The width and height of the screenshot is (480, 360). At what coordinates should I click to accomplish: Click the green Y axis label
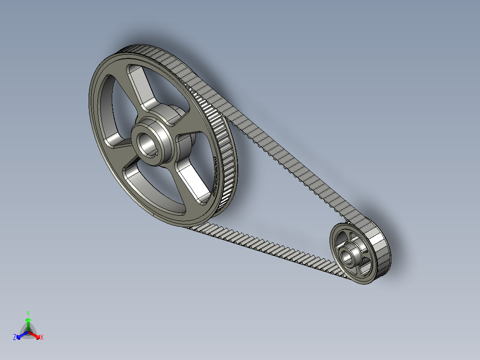[28, 313]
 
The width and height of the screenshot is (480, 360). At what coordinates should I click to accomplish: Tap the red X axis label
[42, 338]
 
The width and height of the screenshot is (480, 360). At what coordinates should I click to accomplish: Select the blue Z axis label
[15, 338]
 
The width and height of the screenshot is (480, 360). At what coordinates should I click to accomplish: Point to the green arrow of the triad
[28, 322]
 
